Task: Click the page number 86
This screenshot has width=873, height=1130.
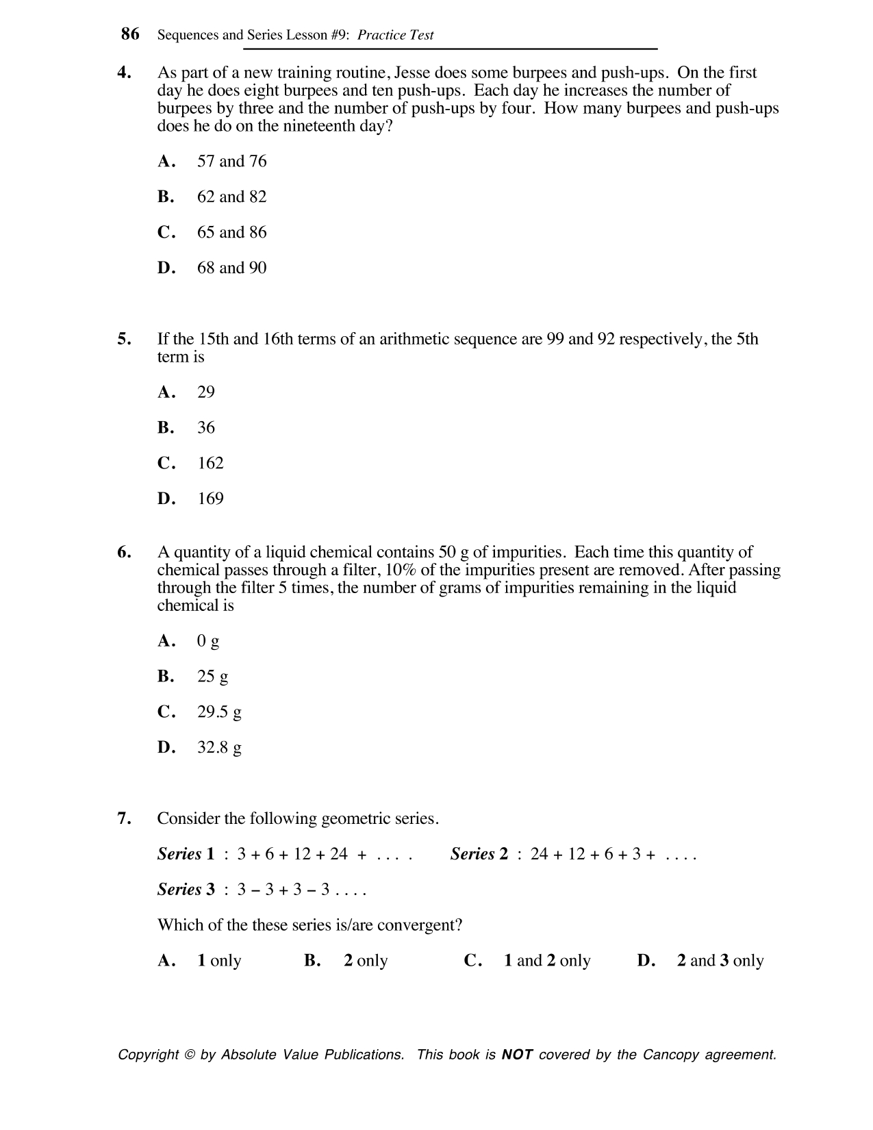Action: coord(130,34)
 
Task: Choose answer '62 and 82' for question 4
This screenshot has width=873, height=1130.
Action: coord(231,197)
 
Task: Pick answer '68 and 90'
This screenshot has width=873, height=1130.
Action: coord(231,268)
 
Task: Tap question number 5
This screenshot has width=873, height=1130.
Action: coord(124,339)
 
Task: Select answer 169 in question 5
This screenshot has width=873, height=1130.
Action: coord(210,499)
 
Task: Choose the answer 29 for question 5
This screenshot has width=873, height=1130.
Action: coord(205,392)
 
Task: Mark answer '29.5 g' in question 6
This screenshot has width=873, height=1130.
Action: coord(219,712)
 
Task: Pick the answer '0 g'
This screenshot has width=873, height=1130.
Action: coord(208,641)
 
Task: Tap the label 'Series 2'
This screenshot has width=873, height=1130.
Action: coord(479,854)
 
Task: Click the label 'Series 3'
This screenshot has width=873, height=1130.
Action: coord(186,890)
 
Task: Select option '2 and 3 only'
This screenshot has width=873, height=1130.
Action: coord(720,961)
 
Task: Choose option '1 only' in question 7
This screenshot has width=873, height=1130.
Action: coord(219,961)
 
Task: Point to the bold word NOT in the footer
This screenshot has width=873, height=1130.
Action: coord(517,1055)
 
